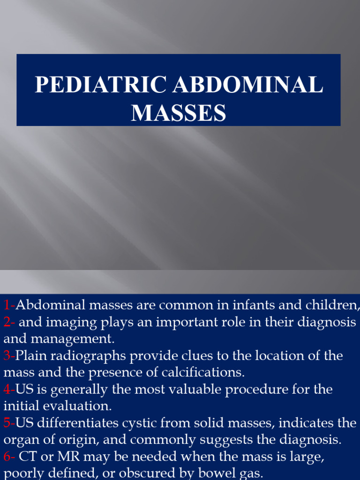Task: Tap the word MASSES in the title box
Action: [x=179, y=113]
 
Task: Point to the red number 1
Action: [x=7, y=306]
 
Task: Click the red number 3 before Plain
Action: [x=7, y=356]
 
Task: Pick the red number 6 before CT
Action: [x=7, y=456]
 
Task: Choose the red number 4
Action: [x=7, y=389]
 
